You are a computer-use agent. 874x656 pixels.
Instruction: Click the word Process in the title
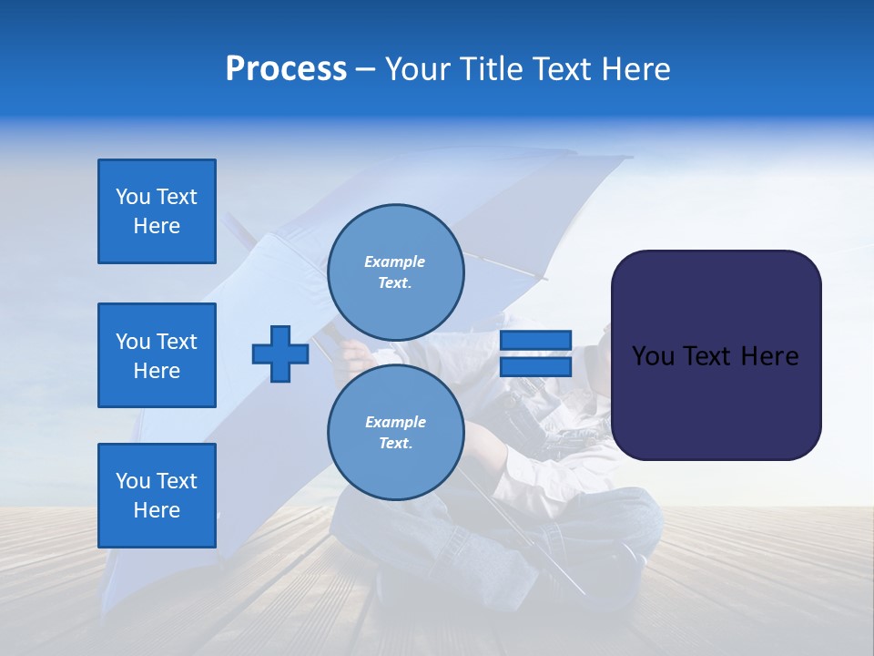(x=286, y=69)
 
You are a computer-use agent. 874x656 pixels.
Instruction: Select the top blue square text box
(x=157, y=211)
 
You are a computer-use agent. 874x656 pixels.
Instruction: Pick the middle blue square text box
(x=157, y=355)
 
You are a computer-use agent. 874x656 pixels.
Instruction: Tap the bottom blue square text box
(x=157, y=495)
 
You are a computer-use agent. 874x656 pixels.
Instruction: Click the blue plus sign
(x=280, y=354)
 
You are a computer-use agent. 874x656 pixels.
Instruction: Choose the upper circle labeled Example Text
(x=395, y=272)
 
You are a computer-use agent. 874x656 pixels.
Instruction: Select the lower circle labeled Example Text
(x=395, y=433)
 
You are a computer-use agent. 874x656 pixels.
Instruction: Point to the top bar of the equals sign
(x=535, y=341)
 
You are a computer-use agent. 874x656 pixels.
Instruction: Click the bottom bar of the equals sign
(x=535, y=366)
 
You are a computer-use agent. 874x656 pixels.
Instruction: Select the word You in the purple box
(x=652, y=356)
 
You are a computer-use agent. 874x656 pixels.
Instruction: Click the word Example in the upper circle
(x=395, y=261)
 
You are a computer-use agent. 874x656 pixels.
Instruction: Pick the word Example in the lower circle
(x=395, y=422)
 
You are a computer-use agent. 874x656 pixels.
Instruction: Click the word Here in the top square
(x=157, y=226)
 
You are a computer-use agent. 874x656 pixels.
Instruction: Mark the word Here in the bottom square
(x=157, y=510)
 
